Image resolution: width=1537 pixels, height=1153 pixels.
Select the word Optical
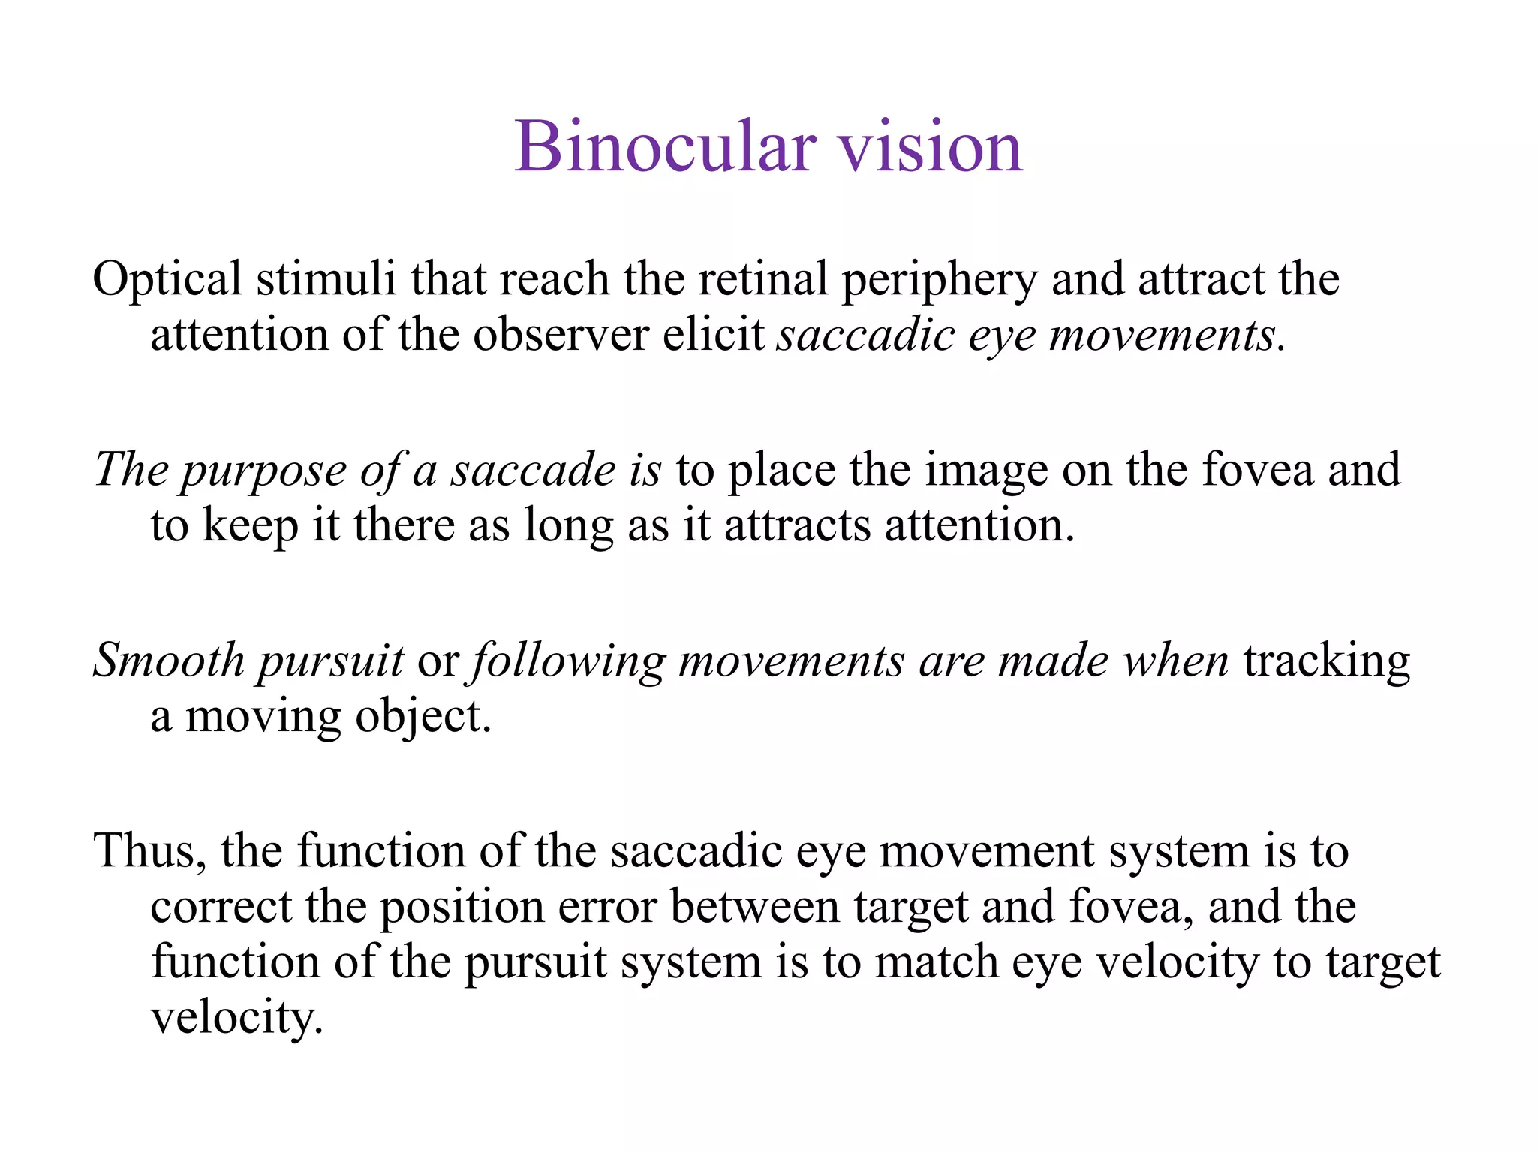tap(167, 279)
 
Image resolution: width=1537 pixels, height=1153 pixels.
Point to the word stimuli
tap(326, 279)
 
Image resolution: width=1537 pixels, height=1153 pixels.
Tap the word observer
tap(561, 335)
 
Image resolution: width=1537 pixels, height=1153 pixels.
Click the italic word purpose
tap(263, 471)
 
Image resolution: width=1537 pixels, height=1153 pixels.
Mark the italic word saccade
tap(532, 470)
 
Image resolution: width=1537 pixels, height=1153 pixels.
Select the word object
tap(423, 718)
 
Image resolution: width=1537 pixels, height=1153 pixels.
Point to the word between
tap(754, 907)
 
